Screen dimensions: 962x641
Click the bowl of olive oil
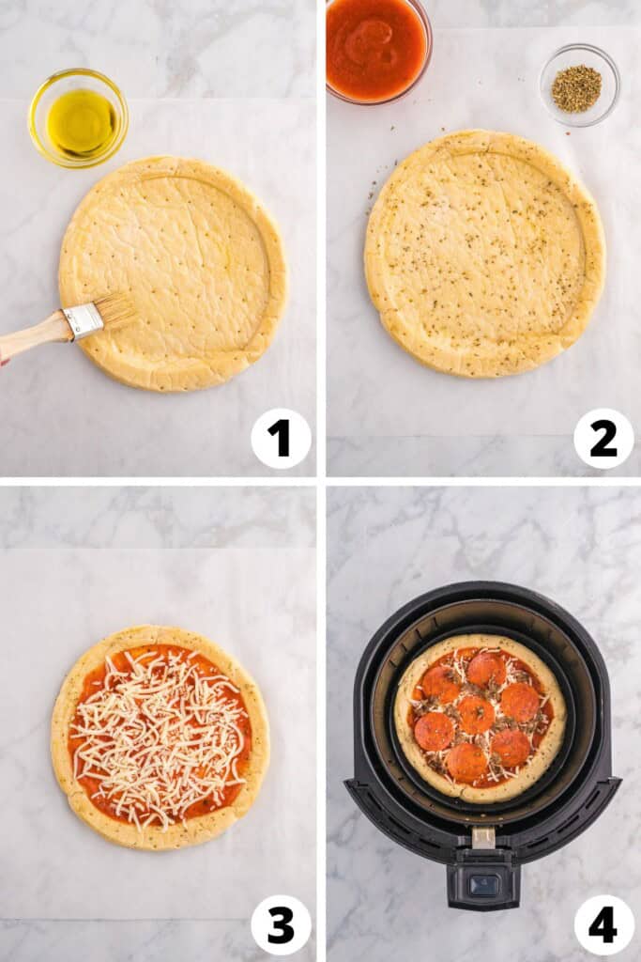click(79, 118)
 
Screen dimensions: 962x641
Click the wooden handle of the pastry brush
click(34, 336)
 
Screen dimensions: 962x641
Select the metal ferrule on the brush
click(83, 321)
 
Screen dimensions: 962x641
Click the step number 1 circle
click(281, 438)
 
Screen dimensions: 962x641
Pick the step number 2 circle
click(603, 438)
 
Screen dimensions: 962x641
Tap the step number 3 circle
click(281, 924)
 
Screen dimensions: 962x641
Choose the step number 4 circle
click(603, 924)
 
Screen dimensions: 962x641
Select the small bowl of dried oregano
click(578, 86)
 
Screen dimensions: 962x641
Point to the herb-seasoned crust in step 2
click(484, 254)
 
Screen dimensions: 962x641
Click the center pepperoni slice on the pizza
click(476, 714)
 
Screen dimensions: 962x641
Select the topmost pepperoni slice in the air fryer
click(485, 669)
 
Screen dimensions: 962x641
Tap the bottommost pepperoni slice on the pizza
click(466, 762)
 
